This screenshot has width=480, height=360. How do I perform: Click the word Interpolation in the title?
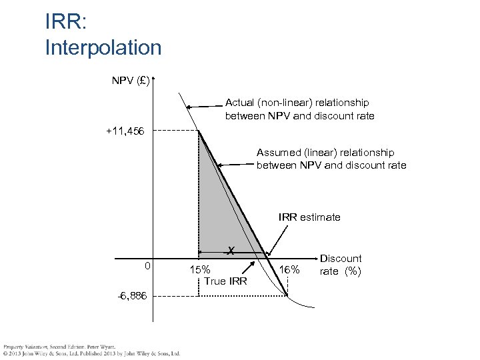pos(103,47)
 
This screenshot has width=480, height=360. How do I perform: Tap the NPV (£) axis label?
pos(131,81)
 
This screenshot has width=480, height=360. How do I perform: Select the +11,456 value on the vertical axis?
pos(129,131)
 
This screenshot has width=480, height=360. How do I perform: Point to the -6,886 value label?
pos(132,295)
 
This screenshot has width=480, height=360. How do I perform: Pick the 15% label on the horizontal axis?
pos(200,270)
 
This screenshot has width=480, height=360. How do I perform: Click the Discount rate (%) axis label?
pos(341,265)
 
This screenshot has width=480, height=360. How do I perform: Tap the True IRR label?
pos(225,281)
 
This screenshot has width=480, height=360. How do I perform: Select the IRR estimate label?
pos(309,217)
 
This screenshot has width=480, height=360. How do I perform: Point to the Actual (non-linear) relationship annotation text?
pos(299,109)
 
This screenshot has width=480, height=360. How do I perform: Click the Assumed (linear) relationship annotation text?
pos(331,159)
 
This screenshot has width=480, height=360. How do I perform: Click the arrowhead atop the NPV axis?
pos(153,81)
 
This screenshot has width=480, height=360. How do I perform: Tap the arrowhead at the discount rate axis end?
pos(315,256)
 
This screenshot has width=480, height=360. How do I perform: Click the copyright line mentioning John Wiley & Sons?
pos(91,353)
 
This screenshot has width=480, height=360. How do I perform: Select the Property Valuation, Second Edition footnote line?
pos(59,347)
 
